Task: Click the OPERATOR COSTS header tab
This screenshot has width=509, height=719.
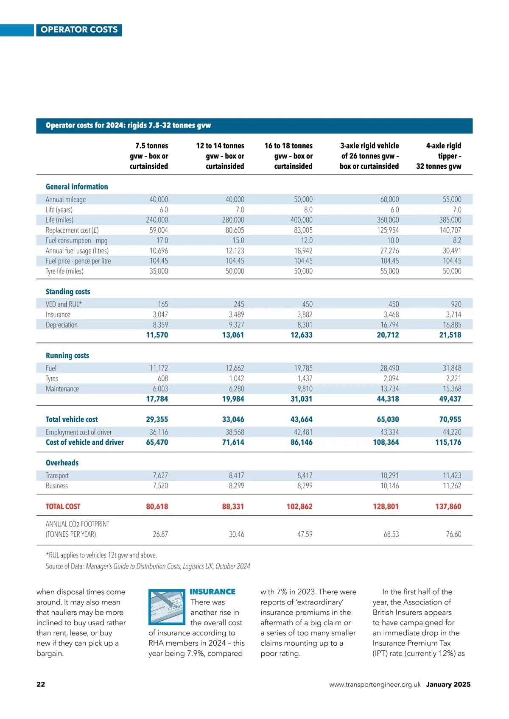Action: pyautogui.click(x=79, y=30)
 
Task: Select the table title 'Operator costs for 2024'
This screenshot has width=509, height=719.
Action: pyautogui.click(x=128, y=125)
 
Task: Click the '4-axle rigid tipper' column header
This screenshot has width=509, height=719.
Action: pyautogui.click(x=439, y=156)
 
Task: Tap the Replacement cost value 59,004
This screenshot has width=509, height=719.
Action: pyautogui.click(x=159, y=230)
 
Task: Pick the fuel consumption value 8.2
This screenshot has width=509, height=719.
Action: pyautogui.click(x=457, y=240)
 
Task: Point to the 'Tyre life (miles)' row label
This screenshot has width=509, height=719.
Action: pyautogui.click(x=64, y=271)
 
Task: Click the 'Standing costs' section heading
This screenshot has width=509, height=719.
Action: pyautogui.click(x=68, y=292)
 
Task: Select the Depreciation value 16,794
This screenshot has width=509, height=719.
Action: pyautogui.click(x=389, y=325)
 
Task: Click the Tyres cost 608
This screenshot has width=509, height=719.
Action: pyautogui.click(x=162, y=379)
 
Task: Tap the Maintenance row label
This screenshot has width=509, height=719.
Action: pyautogui.click(x=62, y=389)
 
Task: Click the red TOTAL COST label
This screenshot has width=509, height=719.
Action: pyautogui.click(x=63, y=507)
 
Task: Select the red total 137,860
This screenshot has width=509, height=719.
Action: pyautogui.click(x=448, y=507)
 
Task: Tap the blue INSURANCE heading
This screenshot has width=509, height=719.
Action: pyautogui.click(x=213, y=592)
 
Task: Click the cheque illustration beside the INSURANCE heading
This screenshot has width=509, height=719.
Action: pyautogui.click(x=167, y=607)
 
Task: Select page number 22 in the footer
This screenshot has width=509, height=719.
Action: pyautogui.click(x=41, y=684)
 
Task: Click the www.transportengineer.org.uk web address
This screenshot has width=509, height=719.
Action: pyautogui.click(x=375, y=685)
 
